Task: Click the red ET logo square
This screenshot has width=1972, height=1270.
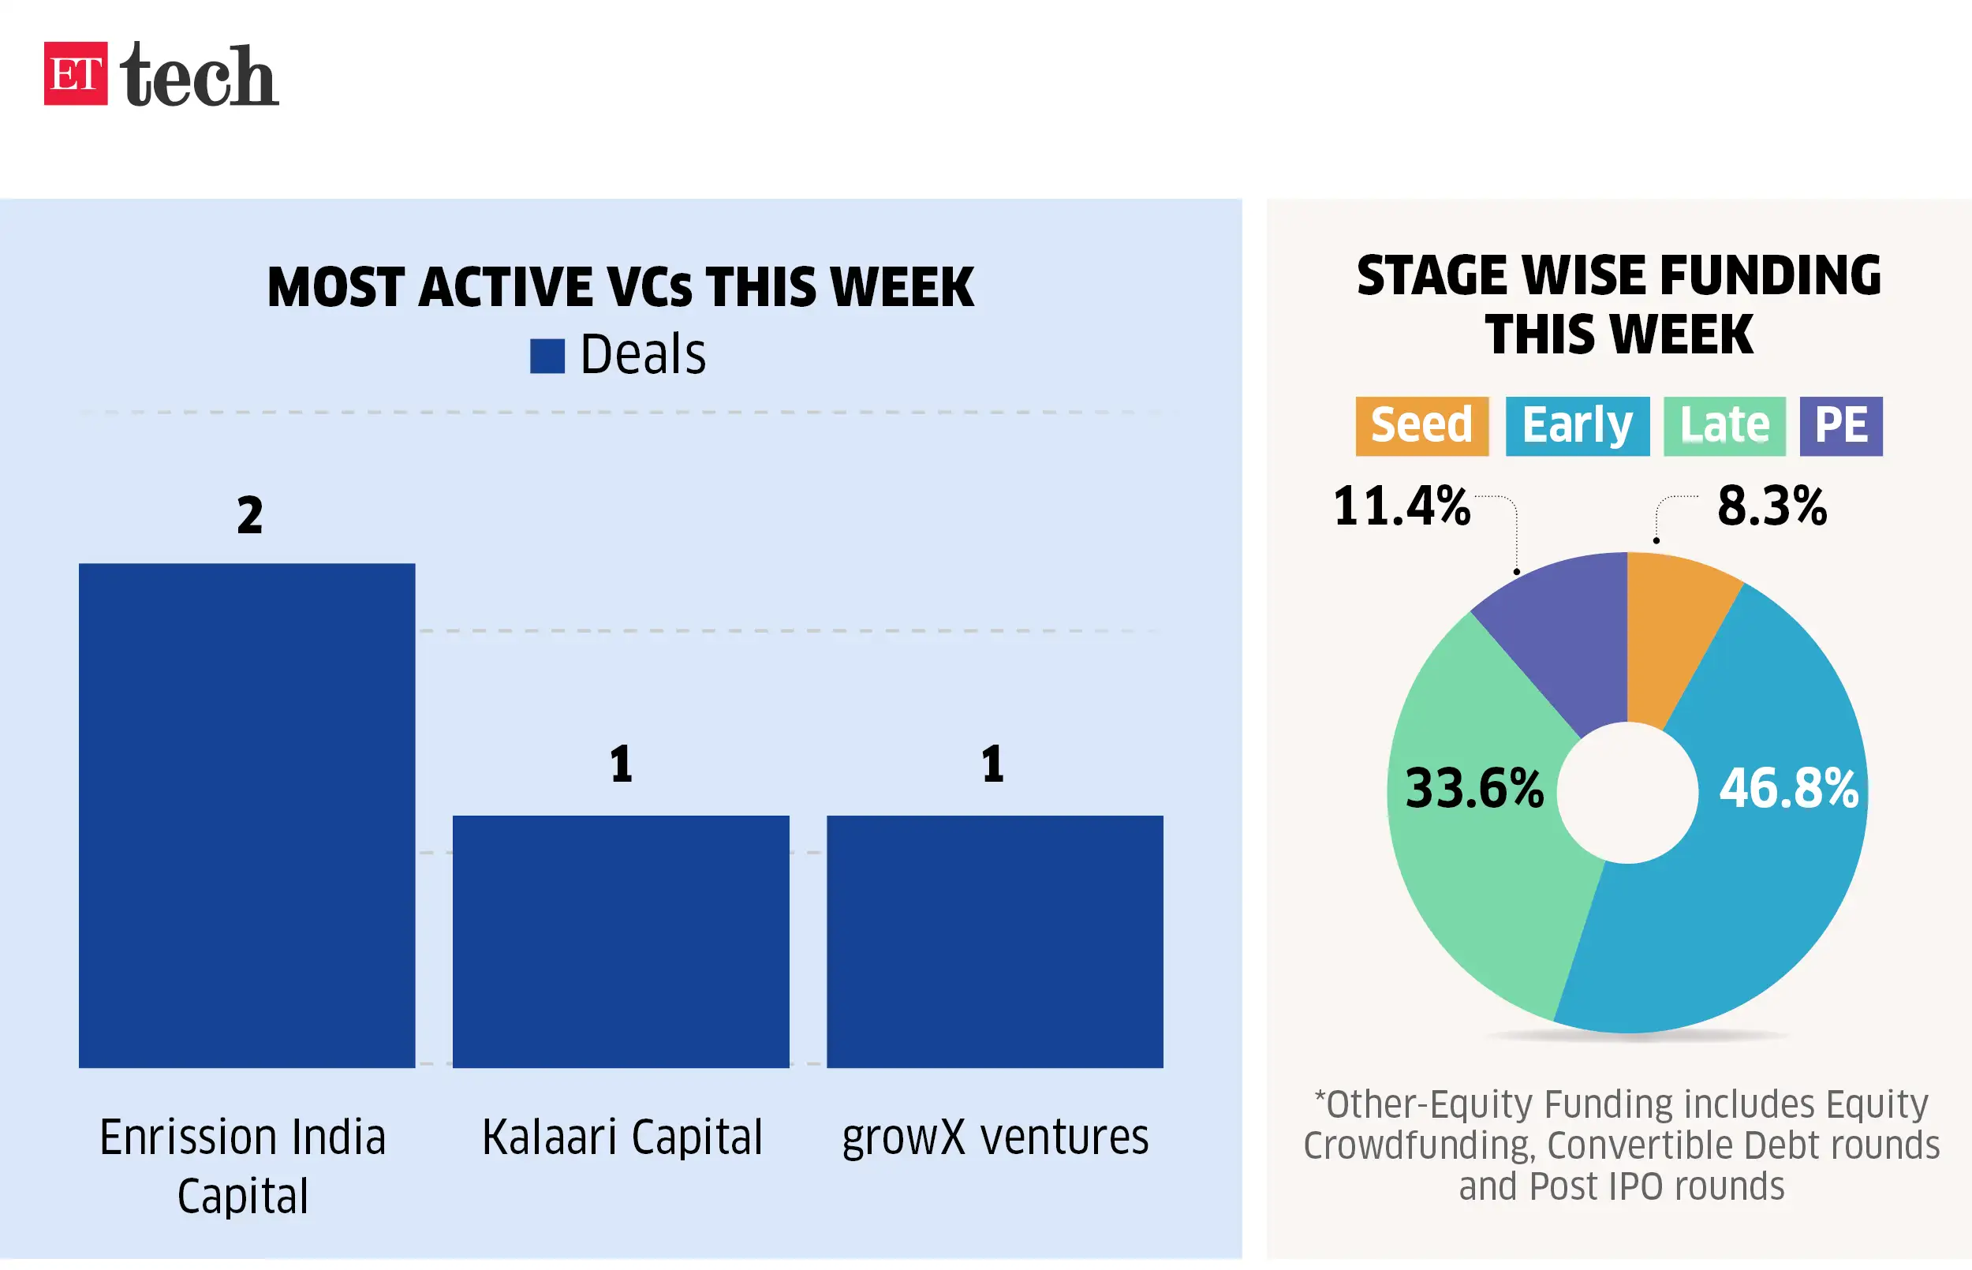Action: [x=75, y=73]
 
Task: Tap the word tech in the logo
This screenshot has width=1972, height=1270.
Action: [x=199, y=75]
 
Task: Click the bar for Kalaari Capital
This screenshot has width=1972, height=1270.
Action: [x=621, y=941]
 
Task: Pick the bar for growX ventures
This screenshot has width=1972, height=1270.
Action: [x=994, y=941]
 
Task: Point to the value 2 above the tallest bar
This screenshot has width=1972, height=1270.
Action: [x=250, y=515]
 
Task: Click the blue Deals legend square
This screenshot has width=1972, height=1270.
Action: [x=547, y=357]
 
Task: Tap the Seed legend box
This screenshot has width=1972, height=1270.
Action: [x=1421, y=425]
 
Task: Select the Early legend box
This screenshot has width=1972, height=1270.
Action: [x=1576, y=425]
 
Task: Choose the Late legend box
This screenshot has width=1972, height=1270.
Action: [x=1724, y=425]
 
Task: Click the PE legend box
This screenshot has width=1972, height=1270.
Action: [x=1840, y=425]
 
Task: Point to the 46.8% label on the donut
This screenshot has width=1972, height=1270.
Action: [x=1788, y=788]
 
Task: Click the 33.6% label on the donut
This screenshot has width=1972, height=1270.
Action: [x=1474, y=788]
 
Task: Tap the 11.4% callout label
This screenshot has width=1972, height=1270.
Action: [x=1402, y=506]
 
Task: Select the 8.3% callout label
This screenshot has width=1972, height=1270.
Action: [x=1772, y=506]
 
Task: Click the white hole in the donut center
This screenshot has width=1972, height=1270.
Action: [x=1627, y=793]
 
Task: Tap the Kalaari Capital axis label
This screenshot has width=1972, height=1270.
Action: [x=622, y=1137]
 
